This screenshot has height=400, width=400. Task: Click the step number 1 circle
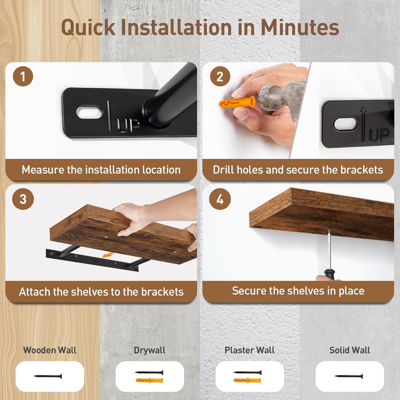tap(23, 76)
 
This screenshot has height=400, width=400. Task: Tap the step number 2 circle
tap(220, 76)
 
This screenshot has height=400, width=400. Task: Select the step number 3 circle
tap(23, 199)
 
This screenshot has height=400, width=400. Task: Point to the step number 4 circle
tap(220, 199)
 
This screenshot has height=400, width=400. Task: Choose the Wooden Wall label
tap(50, 350)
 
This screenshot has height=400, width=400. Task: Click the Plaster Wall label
tap(250, 350)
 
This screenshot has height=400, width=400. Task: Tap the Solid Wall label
tap(350, 350)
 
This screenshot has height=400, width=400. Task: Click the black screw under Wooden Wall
tap(48, 376)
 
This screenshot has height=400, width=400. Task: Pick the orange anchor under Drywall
tap(149, 380)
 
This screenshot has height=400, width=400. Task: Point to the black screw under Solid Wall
tap(349, 376)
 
